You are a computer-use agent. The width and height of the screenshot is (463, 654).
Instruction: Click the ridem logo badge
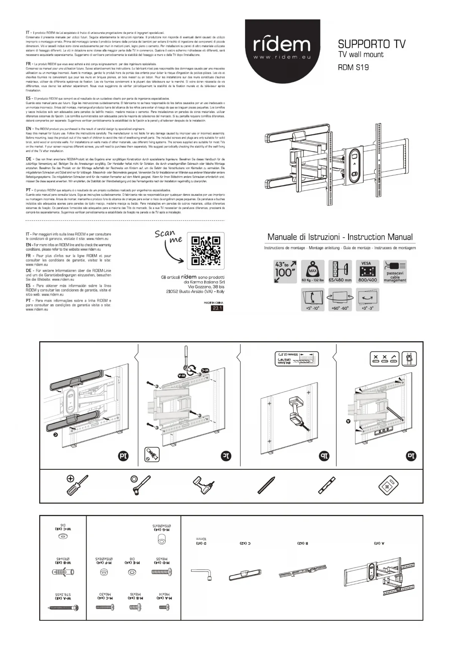[282, 47]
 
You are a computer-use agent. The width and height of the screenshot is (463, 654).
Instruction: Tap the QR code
[206, 251]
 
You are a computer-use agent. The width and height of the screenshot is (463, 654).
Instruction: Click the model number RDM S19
[353, 67]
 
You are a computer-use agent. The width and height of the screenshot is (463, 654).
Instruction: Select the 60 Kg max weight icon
[312, 271]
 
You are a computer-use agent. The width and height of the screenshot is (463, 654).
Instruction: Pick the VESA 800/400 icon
[367, 271]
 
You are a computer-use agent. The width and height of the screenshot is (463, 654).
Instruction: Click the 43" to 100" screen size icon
[285, 271]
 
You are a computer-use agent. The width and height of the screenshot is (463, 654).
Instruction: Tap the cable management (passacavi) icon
[395, 271]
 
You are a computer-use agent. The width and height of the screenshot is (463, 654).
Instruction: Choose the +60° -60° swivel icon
[340, 299]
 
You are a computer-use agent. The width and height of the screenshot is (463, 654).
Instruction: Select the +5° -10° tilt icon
[313, 299]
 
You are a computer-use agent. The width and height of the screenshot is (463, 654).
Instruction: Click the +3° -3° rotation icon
[367, 299]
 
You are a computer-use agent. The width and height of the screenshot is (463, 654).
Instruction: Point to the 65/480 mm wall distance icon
[340, 271]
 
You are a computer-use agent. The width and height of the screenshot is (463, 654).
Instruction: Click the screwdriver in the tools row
[77, 485]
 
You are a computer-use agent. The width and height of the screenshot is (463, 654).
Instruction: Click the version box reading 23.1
[217, 308]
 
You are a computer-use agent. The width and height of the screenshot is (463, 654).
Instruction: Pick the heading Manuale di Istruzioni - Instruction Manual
[340, 237]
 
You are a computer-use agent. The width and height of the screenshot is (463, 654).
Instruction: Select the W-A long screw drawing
[63, 608]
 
